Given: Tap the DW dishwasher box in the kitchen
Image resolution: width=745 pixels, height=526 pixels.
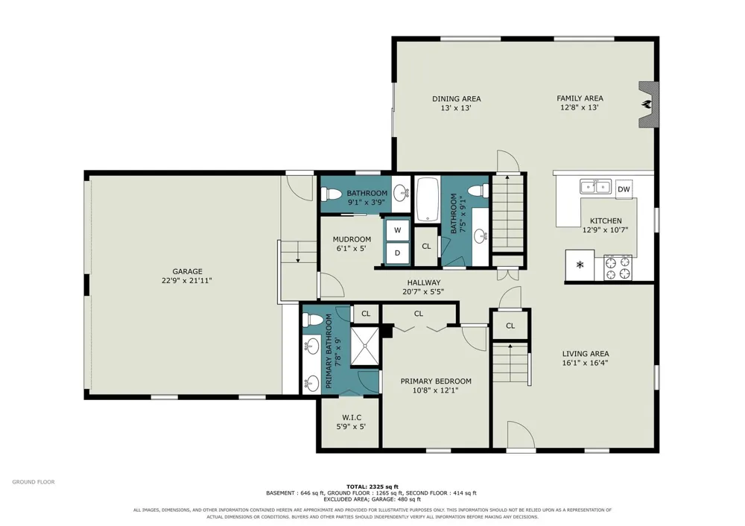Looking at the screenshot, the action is point(624,189).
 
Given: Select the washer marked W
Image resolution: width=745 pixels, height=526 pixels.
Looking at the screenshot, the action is point(397,230).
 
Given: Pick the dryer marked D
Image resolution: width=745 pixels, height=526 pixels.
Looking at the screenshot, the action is point(397,253).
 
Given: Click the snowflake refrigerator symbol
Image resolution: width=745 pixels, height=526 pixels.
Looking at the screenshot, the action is point(580,265).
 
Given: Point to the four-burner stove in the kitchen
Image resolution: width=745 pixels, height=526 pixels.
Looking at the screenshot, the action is point(618,267).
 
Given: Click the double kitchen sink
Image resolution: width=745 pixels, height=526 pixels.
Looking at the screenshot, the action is point(595,186).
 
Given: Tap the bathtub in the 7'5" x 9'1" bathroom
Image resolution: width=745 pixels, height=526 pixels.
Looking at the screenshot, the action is point(428,200).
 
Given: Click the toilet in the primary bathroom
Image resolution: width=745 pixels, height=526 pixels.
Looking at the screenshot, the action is point(313,320).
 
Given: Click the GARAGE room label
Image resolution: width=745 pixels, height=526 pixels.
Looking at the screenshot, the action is point(187,271).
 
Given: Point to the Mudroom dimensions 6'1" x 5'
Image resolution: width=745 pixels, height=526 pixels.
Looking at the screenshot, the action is point(352,248).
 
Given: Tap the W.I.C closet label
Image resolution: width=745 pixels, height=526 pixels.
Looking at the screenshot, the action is point(352,417).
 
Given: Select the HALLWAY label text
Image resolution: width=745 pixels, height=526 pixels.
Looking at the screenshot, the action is point(424,282).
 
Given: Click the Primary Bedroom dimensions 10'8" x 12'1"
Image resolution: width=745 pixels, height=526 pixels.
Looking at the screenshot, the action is point(436,390).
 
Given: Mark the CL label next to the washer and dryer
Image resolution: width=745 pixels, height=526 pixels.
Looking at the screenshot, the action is point(426,246).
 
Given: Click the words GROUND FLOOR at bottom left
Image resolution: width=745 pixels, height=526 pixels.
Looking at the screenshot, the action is point(34,482).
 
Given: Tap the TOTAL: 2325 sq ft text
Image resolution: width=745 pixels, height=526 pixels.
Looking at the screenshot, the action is point(372,487).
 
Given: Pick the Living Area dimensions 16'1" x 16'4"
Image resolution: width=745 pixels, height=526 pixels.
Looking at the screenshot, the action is point(586,363).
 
